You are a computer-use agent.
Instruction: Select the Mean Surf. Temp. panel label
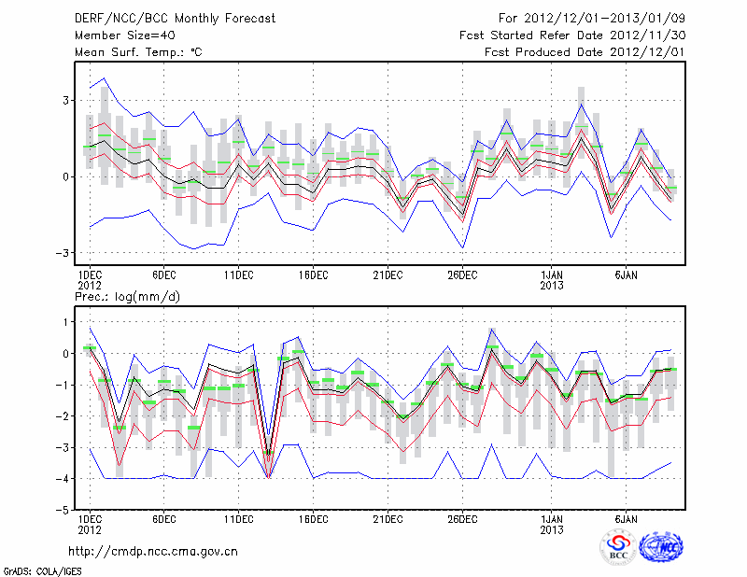[138, 52]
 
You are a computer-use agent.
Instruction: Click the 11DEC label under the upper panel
[238, 274]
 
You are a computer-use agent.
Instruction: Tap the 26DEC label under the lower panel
[462, 518]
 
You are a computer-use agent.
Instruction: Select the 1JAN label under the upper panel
[552, 274]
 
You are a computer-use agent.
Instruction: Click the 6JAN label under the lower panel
[626, 518]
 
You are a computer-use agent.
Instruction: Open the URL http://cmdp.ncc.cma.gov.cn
[154, 552]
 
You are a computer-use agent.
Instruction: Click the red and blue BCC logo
[617, 547]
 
